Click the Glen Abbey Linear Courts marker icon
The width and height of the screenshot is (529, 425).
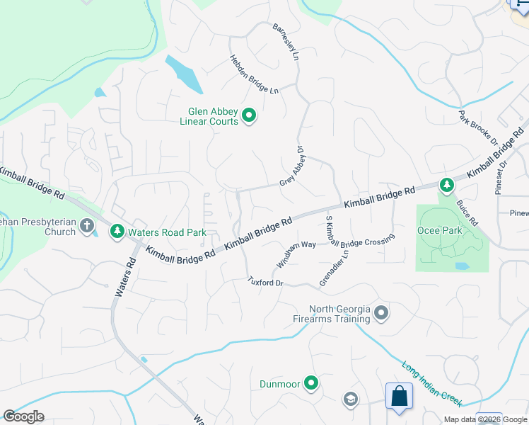pos(248,115)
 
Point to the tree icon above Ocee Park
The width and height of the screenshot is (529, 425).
pos(446,186)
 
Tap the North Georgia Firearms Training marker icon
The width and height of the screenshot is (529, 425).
pos(381,312)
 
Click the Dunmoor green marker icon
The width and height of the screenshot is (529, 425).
pos(310,384)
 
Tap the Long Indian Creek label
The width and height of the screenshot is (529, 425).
pos(432,385)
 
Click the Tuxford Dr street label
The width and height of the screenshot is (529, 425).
pos(265,282)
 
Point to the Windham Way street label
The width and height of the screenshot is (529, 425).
pos(296,252)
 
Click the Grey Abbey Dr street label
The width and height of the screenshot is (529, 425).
pos(291,166)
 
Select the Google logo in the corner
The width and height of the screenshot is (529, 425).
pos(23,416)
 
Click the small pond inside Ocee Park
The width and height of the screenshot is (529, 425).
pos(462,266)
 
